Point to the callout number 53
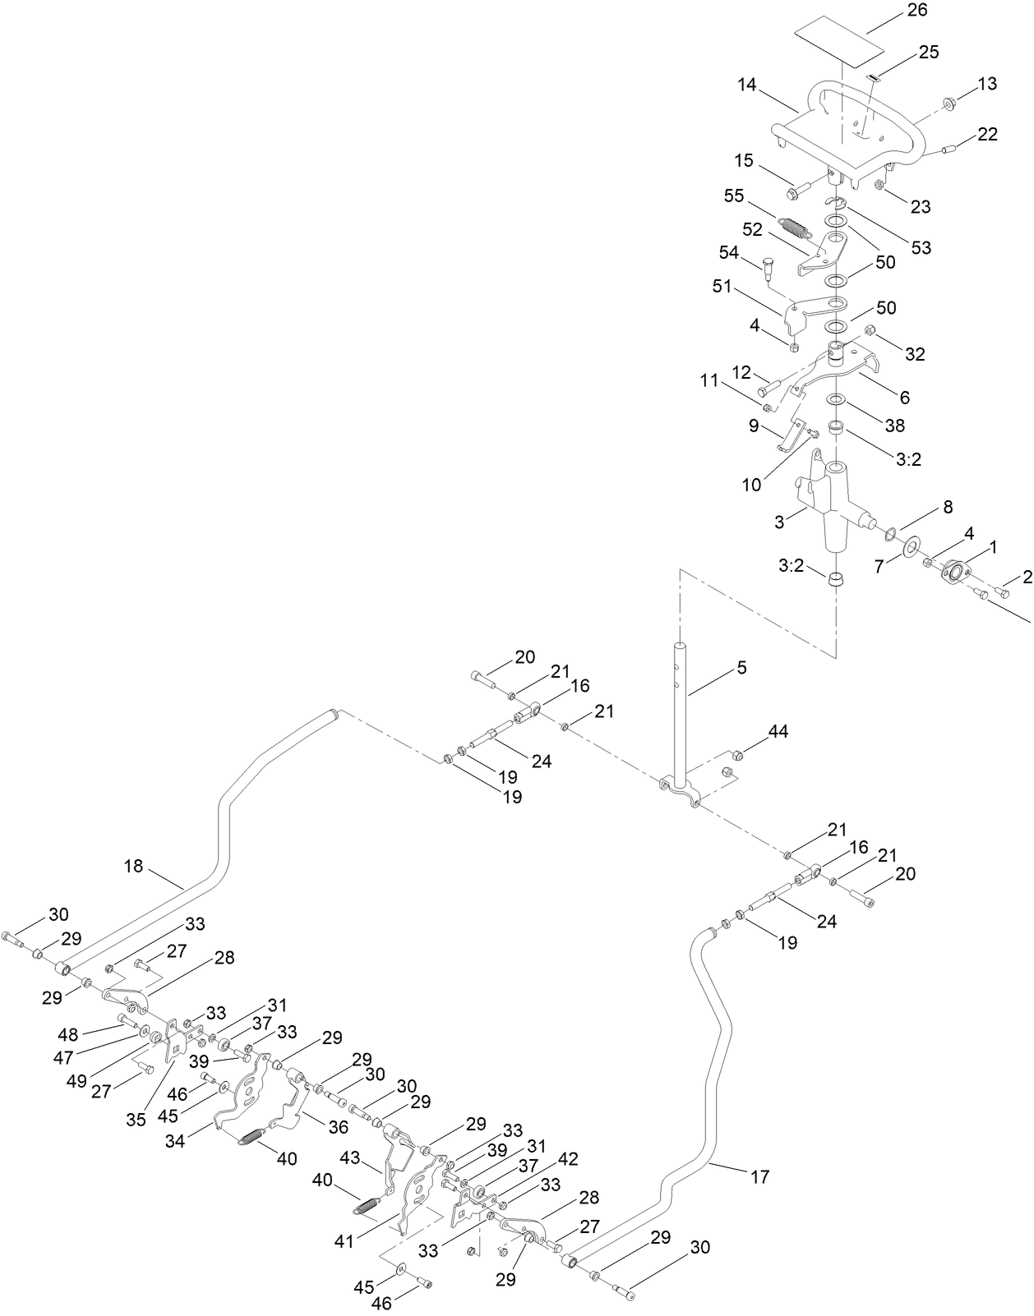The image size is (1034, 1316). [921, 246]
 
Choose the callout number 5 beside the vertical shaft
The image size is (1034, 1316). [741, 668]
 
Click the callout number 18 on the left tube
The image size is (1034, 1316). [133, 865]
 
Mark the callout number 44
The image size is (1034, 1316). [778, 731]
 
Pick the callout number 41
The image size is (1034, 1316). [344, 1240]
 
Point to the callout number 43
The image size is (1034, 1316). [350, 1157]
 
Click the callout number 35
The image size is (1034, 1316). [135, 1118]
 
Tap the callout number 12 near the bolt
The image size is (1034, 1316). [741, 371]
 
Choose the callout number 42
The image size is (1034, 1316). [568, 1159]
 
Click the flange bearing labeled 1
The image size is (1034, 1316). [954, 571]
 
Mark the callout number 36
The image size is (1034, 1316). [339, 1128]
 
